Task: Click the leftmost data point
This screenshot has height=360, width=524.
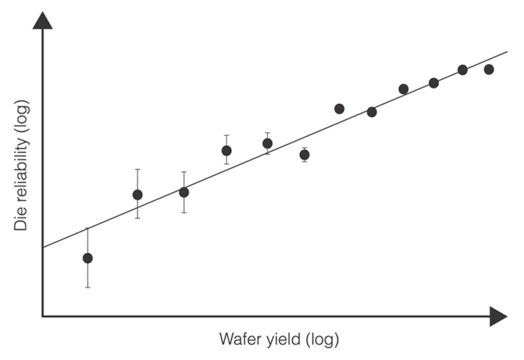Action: tap(88, 258)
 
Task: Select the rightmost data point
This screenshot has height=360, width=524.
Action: tap(489, 70)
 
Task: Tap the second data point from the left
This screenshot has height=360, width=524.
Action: tap(137, 195)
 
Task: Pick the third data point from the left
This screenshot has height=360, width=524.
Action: tap(184, 192)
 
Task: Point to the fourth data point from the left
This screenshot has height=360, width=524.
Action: tap(226, 150)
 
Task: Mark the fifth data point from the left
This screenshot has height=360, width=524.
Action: tap(267, 143)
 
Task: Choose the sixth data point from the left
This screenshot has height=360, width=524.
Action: tap(304, 154)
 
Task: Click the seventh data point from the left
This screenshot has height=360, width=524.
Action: tap(339, 108)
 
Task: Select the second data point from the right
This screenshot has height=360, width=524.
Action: tap(463, 70)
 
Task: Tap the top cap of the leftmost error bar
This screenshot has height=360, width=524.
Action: tap(88, 228)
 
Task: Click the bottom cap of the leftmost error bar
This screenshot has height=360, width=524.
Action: tap(88, 287)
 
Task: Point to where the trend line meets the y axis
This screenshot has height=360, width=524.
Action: tap(42, 247)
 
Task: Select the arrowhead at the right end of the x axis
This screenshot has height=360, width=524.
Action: tap(498, 317)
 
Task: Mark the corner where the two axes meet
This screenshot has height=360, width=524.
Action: tap(42, 317)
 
